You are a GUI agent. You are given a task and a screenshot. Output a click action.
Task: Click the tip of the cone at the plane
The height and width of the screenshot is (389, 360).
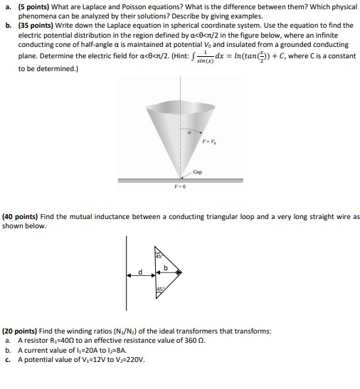pos(179,176)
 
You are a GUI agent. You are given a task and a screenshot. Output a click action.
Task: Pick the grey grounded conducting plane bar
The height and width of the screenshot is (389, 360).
pos(179,181)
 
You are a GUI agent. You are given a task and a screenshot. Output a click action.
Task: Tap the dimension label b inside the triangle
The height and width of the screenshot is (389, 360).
pos(166,267)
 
